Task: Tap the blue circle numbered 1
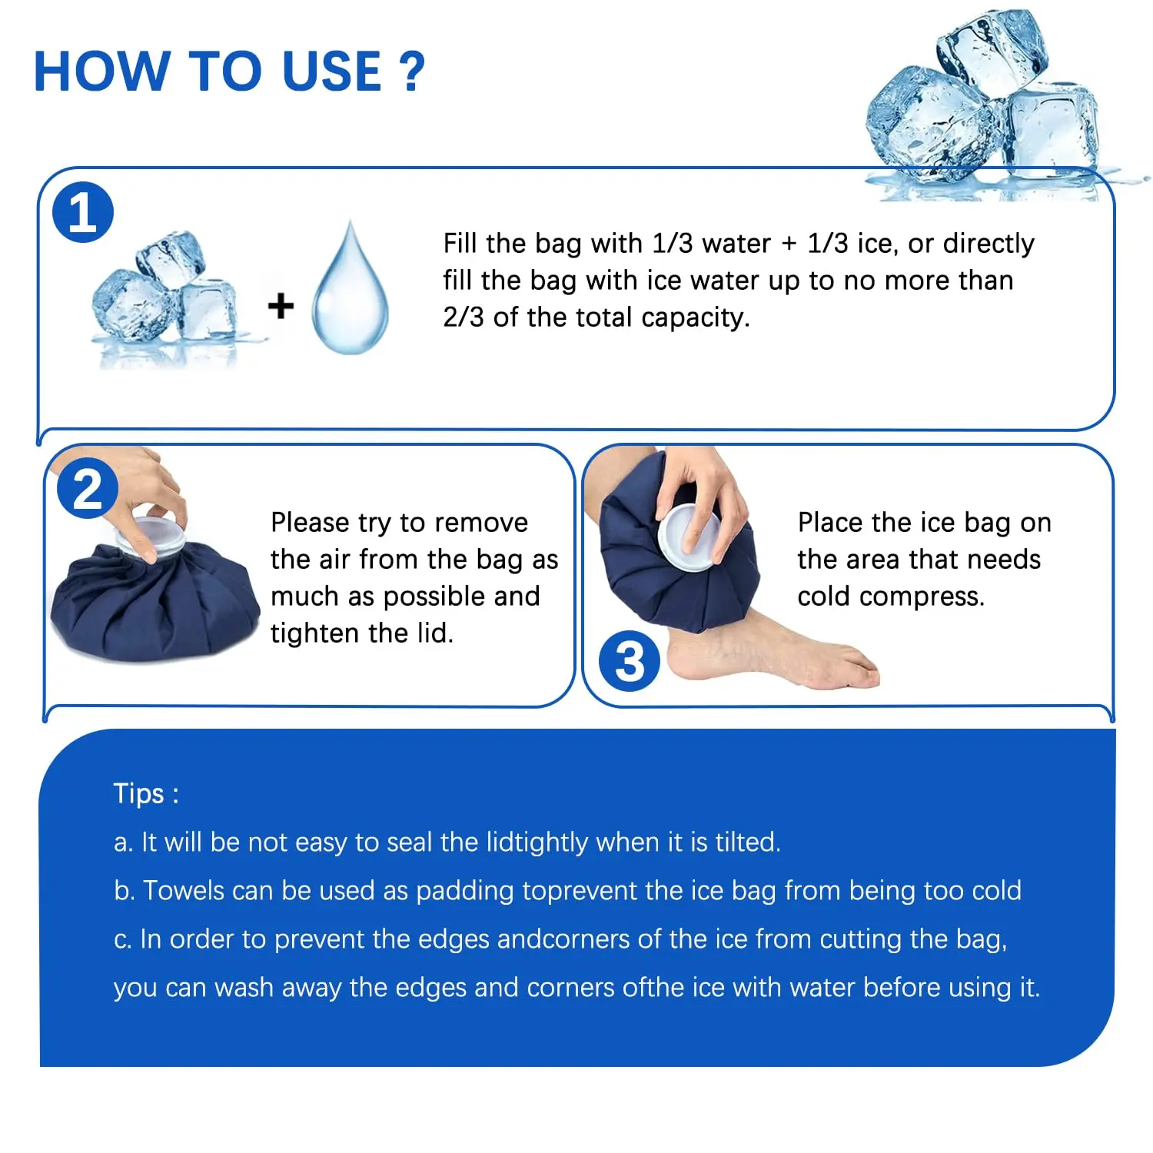(x=83, y=212)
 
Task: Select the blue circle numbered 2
(x=88, y=488)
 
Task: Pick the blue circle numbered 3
(x=630, y=661)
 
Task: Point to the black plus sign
(x=281, y=305)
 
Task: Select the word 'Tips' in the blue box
(x=139, y=793)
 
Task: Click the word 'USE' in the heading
(x=332, y=71)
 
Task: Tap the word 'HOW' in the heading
(x=101, y=71)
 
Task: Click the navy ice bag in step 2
(x=154, y=600)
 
